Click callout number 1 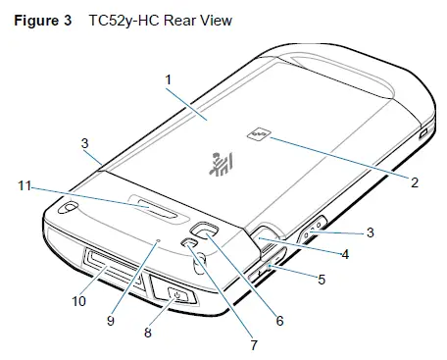[168, 77]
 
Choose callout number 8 [148, 332]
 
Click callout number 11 [26, 182]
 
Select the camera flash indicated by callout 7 [189, 243]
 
